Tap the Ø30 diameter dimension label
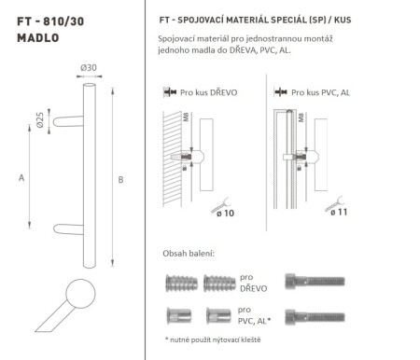(88, 70)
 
